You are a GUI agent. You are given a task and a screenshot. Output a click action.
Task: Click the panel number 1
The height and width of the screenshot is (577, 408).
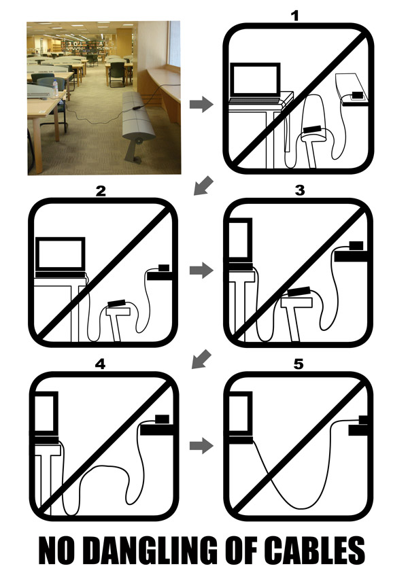294,16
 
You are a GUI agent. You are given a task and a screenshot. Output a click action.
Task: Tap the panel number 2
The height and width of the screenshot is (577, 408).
101,191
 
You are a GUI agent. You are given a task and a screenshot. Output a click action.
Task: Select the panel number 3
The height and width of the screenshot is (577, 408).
300,190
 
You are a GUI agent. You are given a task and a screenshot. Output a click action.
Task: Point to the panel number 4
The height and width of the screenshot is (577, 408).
100,364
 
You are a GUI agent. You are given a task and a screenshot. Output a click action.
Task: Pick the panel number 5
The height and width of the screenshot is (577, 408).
299,364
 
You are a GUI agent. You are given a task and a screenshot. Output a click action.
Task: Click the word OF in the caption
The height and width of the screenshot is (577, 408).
241,550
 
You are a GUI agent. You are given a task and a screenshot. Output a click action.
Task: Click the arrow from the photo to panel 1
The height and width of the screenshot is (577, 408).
201,104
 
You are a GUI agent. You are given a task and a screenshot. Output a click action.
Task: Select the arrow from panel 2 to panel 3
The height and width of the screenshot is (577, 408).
201,270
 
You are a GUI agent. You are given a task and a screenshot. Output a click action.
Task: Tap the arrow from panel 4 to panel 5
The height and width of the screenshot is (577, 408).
201,446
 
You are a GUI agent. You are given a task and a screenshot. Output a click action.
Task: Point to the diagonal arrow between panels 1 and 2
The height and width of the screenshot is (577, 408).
203,186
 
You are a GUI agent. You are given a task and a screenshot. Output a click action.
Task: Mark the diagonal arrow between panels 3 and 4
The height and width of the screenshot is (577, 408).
202,359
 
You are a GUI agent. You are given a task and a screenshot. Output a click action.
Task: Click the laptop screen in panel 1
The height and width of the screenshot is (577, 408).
255,81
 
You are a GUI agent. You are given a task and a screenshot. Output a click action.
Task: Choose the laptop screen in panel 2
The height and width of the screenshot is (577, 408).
61,254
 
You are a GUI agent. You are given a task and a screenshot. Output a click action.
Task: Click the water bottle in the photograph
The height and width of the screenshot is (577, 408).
55,88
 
